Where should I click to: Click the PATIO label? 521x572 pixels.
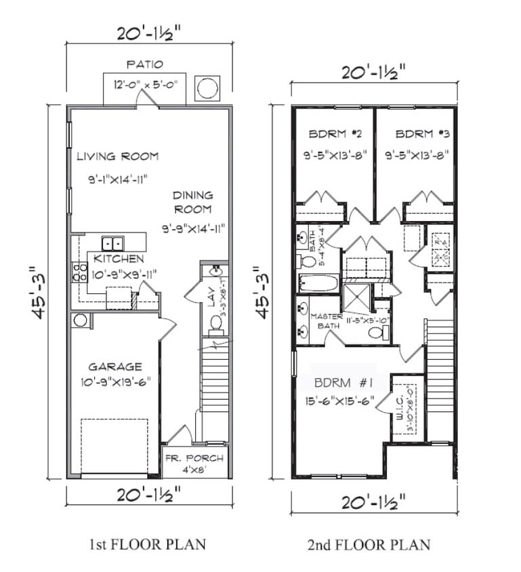tap(144, 65)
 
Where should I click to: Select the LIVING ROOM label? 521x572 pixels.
tap(117, 157)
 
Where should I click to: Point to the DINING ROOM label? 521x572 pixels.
tap(192, 203)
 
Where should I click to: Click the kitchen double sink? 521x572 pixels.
tap(112, 243)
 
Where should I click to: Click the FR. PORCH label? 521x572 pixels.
tap(194, 459)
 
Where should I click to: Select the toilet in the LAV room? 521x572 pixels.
tap(215, 323)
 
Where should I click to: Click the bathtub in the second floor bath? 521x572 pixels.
tap(317, 283)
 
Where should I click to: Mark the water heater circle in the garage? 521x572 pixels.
tap(79, 320)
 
